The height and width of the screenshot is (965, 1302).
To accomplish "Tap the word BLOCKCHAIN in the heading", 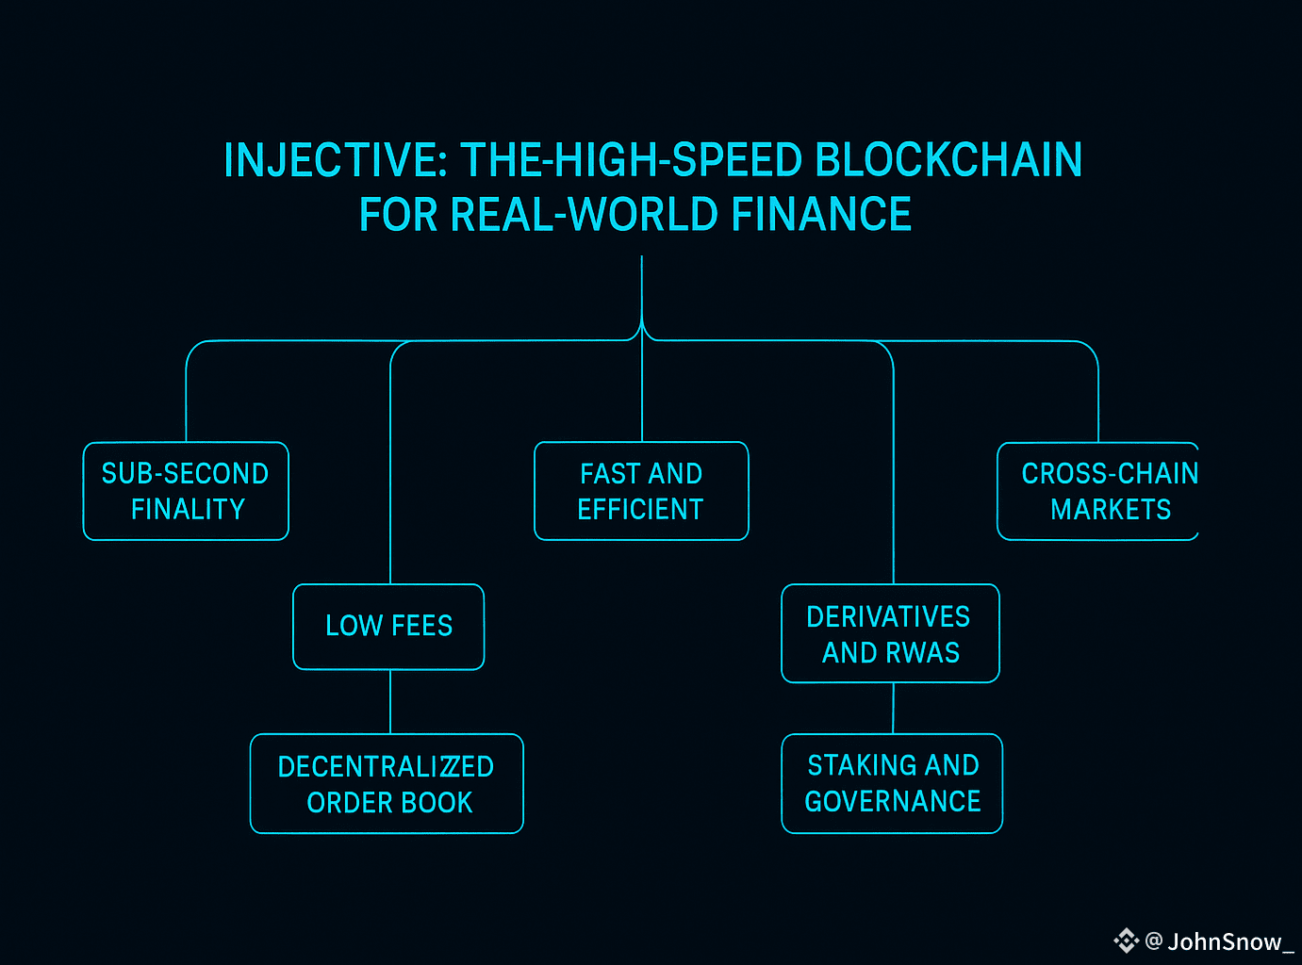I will pyautogui.click(x=948, y=161).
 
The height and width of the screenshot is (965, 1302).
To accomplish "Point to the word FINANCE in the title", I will pyautogui.click(x=821, y=215).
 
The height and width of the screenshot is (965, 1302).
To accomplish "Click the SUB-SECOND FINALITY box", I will pyautogui.click(x=186, y=491).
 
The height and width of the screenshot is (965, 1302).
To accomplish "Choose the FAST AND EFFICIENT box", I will pyautogui.click(x=641, y=491).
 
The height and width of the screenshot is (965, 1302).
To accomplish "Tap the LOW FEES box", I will pyautogui.click(x=388, y=627).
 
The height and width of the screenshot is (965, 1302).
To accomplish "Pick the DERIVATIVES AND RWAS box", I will pyautogui.click(x=890, y=633).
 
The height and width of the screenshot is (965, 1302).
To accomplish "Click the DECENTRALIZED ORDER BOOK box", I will pyautogui.click(x=387, y=784).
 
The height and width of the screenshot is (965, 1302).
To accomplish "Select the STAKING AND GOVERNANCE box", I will pyautogui.click(x=892, y=784).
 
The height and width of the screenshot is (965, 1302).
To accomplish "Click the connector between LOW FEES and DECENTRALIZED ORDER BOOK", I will pyautogui.click(x=390, y=702).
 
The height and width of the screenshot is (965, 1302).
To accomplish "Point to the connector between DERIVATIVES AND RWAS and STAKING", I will pyautogui.click(x=893, y=708).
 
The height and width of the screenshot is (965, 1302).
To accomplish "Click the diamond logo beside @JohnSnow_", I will pyautogui.click(x=1126, y=940).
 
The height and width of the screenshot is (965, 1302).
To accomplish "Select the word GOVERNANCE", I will pyautogui.click(x=893, y=802).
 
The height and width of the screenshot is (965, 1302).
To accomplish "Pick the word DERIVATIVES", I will pyautogui.click(x=888, y=617).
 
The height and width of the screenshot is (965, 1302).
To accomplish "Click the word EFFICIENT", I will pyautogui.click(x=640, y=510).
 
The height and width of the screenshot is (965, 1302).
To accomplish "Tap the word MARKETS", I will pyautogui.click(x=1111, y=510).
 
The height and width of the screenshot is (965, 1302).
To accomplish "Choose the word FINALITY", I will pyautogui.click(x=188, y=510).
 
